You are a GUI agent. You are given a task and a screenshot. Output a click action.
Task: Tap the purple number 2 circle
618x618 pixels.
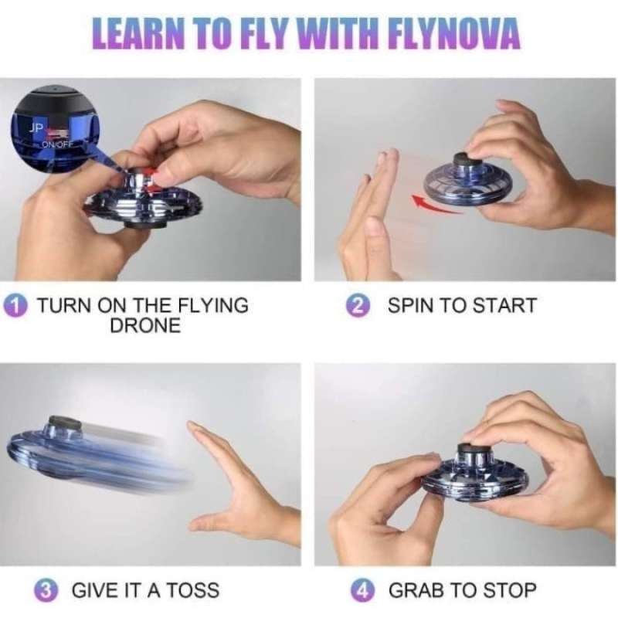tap(356, 305)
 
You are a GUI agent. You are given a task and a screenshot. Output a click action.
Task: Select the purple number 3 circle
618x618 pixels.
tap(49, 591)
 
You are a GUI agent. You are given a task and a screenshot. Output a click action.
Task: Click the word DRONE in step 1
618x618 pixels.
tap(144, 325)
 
